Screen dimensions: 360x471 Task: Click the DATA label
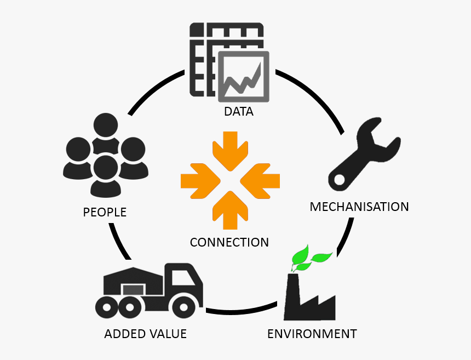click(x=238, y=112)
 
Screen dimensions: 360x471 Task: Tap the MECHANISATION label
click(x=359, y=207)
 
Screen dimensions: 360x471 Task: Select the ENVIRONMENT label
click(x=312, y=333)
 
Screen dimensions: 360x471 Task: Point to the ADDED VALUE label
click(x=145, y=333)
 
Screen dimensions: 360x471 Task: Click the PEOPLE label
click(x=105, y=212)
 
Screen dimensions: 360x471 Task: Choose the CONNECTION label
click(x=229, y=242)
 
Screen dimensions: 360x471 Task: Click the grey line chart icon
click(x=244, y=76)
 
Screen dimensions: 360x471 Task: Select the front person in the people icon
click(x=106, y=175)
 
